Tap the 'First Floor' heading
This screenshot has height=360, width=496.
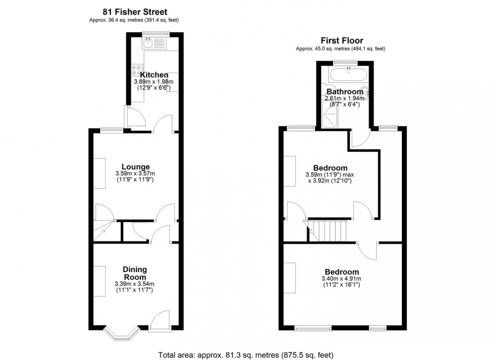tap(342, 41)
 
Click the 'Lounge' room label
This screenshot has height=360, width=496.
tap(135, 166)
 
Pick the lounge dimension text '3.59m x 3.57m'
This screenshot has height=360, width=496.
tap(135, 173)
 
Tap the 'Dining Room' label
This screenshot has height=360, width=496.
tap(135, 274)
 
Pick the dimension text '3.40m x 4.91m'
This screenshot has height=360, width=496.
tap(342, 279)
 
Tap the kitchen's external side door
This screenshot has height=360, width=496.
tap(135, 117)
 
